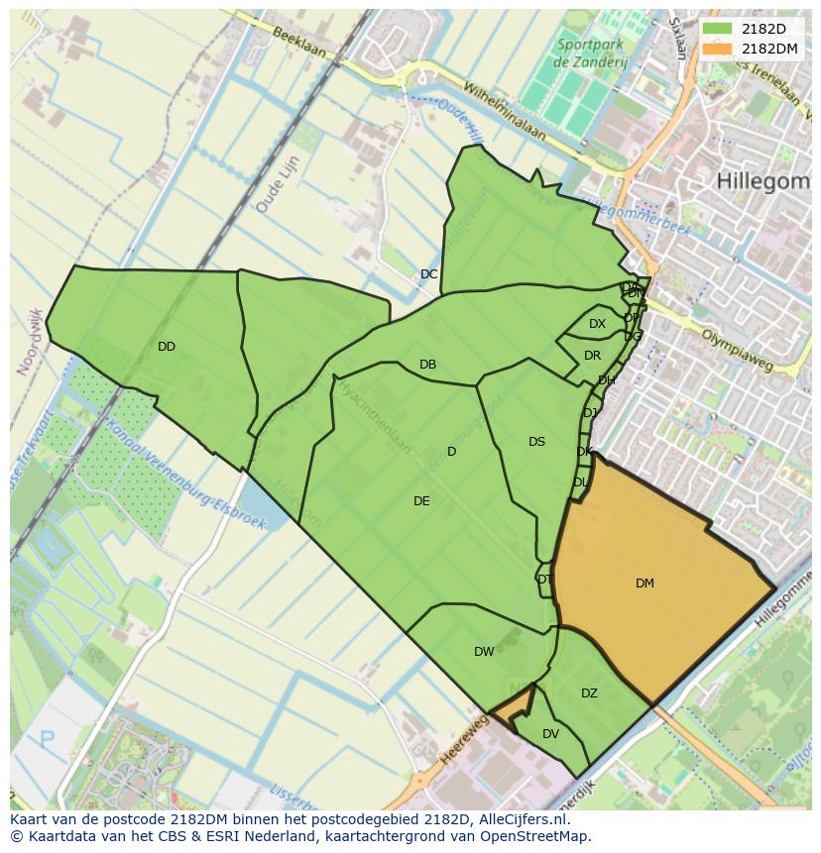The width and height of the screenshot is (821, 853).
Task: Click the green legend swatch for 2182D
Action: tap(718, 29)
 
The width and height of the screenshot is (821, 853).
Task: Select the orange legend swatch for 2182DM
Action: tap(718, 49)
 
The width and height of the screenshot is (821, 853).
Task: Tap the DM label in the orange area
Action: tap(645, 584)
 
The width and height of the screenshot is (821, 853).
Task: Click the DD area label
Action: tap(166, 347)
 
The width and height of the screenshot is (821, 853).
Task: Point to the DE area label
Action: tap(421, 501)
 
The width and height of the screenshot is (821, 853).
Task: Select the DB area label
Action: tap(427, 365)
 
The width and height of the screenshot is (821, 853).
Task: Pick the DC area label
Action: tap(428, 274)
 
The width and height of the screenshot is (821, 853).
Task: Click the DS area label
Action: tap(536, 442)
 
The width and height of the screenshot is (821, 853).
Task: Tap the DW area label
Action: tap(484, 652)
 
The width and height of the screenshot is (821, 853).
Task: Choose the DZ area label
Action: tap(589, 693)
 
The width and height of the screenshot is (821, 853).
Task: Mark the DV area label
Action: tap(550, 734)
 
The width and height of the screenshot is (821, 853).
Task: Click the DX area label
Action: tap(597, 324)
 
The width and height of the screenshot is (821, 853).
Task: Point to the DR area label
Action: tap(592, 356)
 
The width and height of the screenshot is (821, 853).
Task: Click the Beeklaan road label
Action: tap(294, 43)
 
